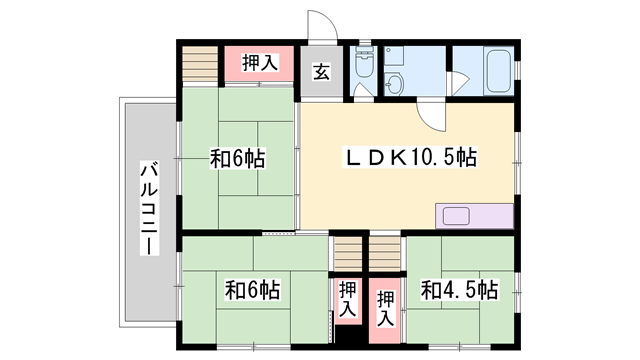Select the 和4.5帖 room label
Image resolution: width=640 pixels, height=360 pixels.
click(x=459, y=290)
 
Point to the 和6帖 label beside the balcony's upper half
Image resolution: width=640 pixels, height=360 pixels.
click(x=237, y=158)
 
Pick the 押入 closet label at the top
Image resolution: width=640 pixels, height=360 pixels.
click(x=259, y=64)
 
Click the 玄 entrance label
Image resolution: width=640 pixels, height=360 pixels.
click(x=322, y=71)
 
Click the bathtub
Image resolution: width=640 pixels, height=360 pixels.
click(x=497, y=70)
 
